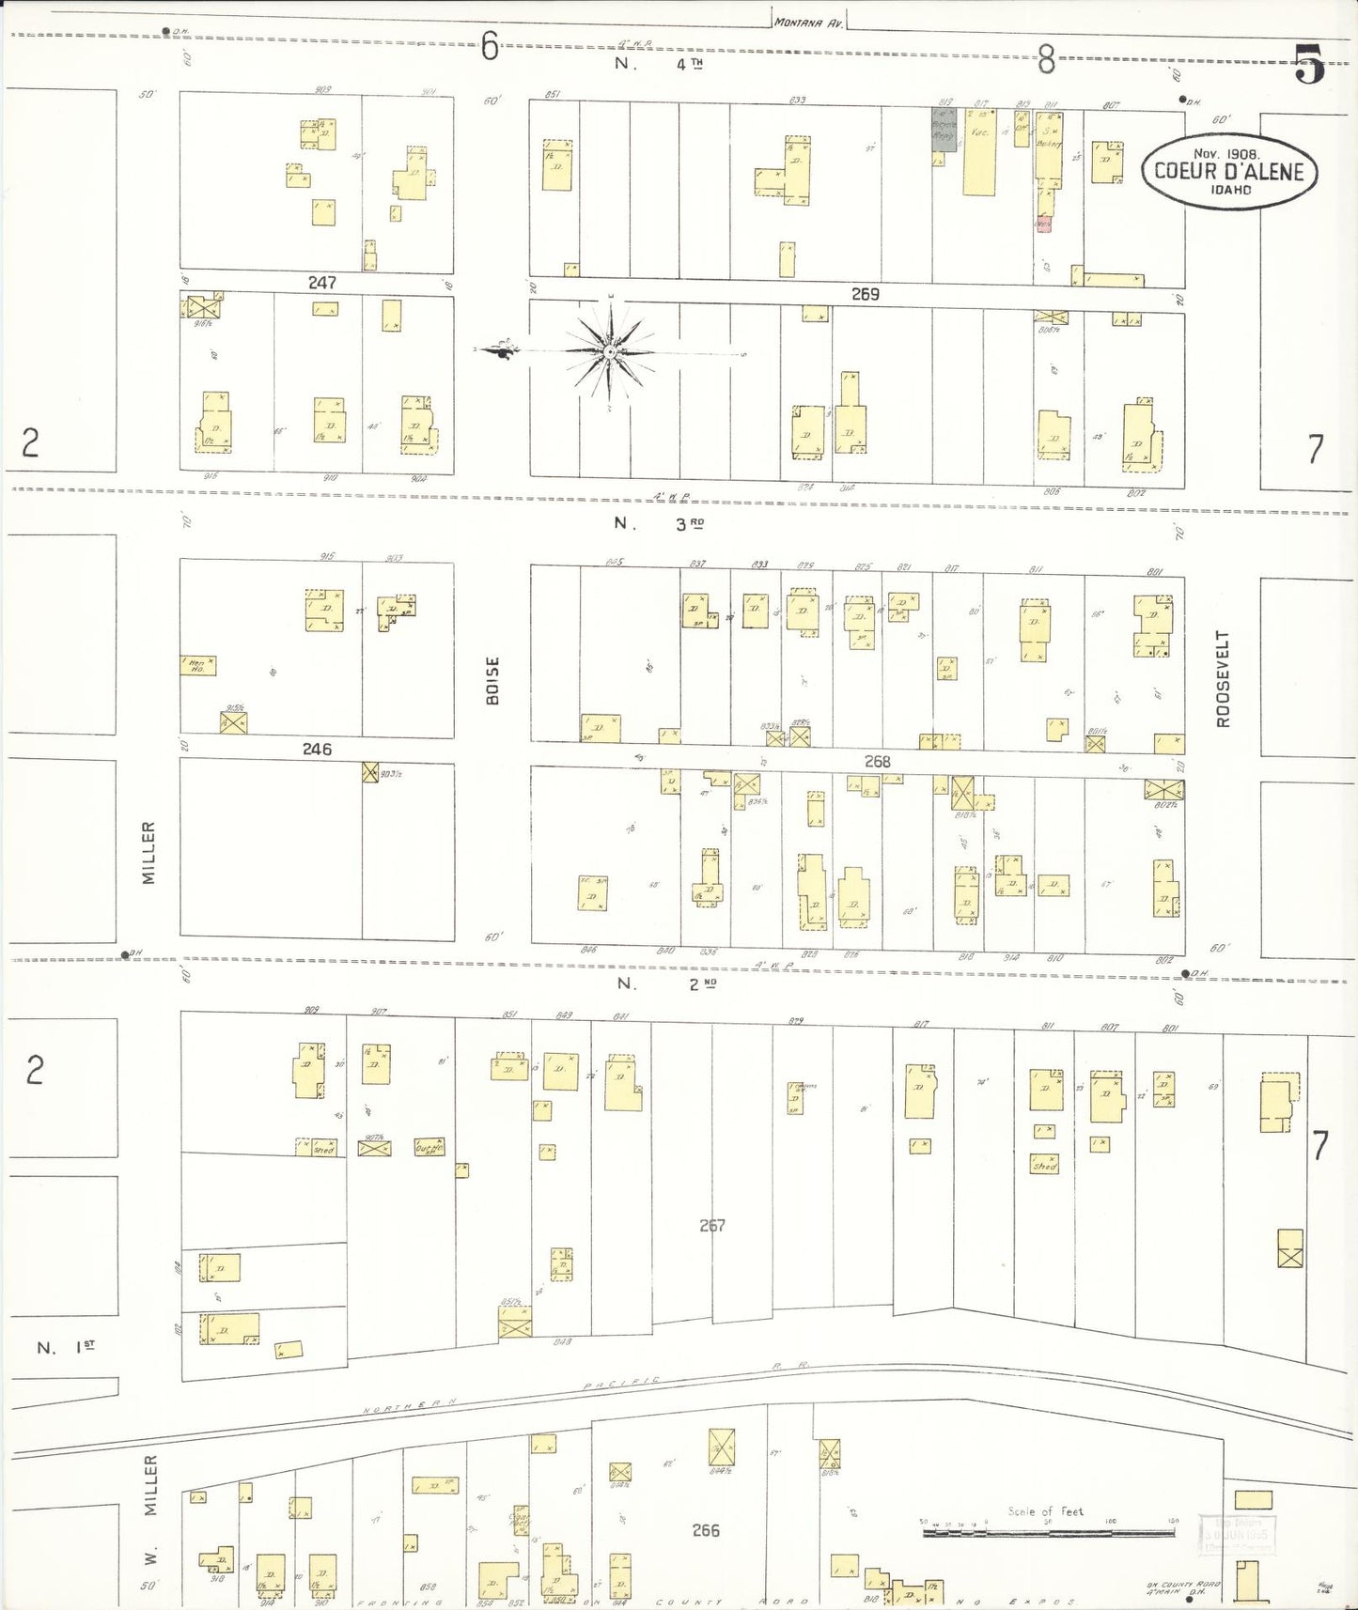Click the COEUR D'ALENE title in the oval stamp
pos(1228,171)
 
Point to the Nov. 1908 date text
pos(1227,153)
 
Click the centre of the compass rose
pos(609,351)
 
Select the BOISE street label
pos(492,680)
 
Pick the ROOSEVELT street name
pos(1222,678)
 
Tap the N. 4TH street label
pos(659,63)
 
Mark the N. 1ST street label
pos(66,1347)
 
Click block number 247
pos(321,282)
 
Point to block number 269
pos(865,294)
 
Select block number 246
pos(317,750)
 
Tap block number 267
pos(712,1225)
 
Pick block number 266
pos(705,1530)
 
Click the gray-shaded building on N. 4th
pos(944,129)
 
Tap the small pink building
pos(1043,224)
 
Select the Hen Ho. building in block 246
pos(198,665)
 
